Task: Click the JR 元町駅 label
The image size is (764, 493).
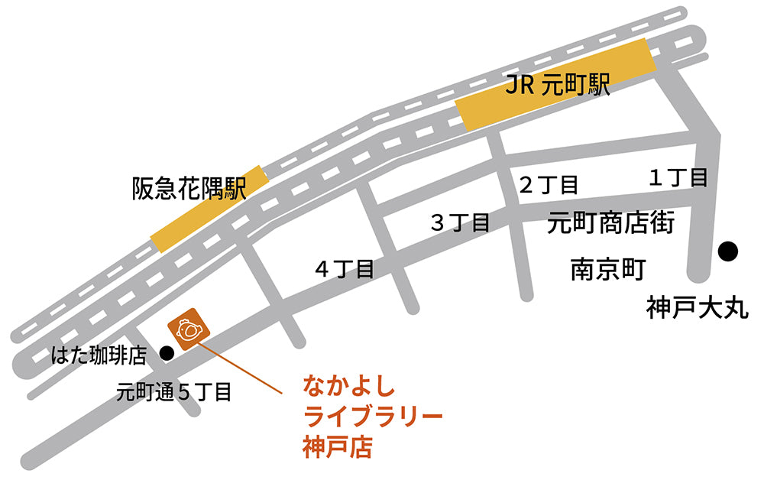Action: [558, 85]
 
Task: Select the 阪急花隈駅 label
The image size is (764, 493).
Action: [189, 188]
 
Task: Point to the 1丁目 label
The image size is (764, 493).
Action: [678, 178]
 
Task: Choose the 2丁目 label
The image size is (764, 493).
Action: [549, 184]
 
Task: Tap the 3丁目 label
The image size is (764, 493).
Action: [460, 222]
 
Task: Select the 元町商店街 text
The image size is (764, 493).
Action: [610, 223]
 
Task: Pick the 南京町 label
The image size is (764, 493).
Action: [608, 270]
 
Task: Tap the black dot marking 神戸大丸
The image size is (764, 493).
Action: [727, 250]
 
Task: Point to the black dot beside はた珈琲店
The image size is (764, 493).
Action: [166, 353]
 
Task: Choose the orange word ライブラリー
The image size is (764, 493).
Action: [373, 417]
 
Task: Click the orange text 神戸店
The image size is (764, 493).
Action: [337, 446]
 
